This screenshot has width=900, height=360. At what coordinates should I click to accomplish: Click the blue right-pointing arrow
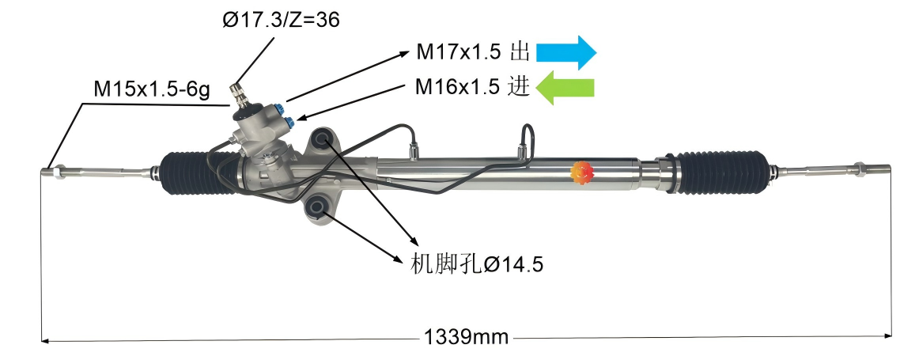(x=566, y=51)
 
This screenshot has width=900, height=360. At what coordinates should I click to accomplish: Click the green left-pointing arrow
(x=565, y=86)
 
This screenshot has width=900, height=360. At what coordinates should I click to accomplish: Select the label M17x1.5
(x=459, y=52)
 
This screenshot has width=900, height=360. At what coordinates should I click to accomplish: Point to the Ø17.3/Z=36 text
(x=280, y=21)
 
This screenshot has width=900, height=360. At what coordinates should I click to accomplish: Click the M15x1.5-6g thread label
(x=151, y=90)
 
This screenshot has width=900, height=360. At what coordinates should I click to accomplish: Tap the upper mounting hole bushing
(x=323, y=140)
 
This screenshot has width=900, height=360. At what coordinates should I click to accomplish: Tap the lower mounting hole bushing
(x=317, y=207)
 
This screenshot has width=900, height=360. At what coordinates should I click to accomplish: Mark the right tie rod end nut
(x=859, y=169)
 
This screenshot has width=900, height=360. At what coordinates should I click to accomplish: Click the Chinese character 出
(x=519, y=52)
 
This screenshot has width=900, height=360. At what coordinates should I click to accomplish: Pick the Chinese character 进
(x=518, y=86)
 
